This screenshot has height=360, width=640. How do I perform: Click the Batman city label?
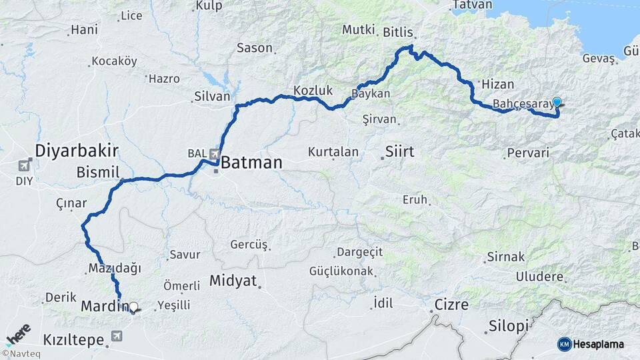pyautogui.click(x=251, y=162)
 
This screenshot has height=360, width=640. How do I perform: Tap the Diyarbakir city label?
pyautogui.click(x=77, y=149)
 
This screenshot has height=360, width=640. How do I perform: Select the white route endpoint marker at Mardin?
pyautogui.click(x=133, y=307)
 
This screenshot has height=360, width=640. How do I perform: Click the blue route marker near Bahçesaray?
pyautogui.click(x=557, y=102)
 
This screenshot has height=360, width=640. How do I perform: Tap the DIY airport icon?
pyautogui.click(x=25, y=165)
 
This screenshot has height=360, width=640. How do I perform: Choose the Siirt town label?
pyautogui.click(x=399, y=151)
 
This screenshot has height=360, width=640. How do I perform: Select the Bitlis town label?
pyautogui.click(x=399, y=32)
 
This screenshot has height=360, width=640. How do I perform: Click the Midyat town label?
pyautogui.click(x=233, y=281)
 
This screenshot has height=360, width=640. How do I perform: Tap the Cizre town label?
pyautogui.click(x=451, y=305)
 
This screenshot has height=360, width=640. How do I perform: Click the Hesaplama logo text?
pyautogui.click(x=601, y=344)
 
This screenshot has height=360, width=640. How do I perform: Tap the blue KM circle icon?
pyautogui.click(x=565, y=344)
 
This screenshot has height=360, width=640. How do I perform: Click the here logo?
pyautogui.click(x=18, y=332)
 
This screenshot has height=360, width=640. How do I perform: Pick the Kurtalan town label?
pyautogui.click(x=333, y=152)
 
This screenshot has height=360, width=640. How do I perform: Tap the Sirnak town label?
pyautogui.click(x=506, y=257)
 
